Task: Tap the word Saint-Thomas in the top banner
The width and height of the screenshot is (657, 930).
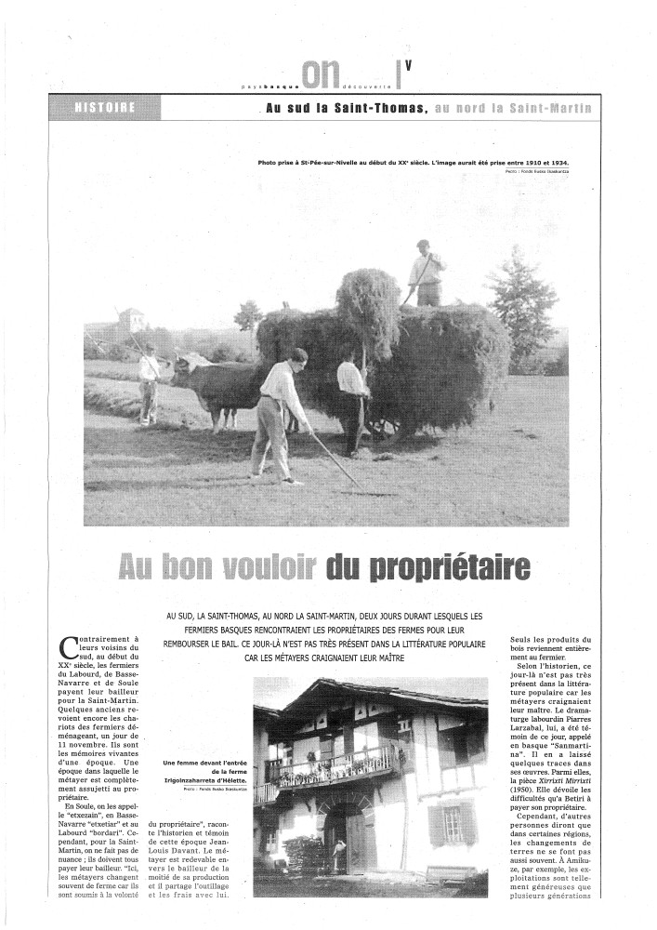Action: coord(382,107)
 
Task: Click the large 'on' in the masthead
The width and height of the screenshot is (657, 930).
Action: coord(322,73)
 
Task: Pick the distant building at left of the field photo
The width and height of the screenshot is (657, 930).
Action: coord(131,322)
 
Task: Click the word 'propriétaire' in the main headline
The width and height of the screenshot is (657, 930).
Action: coord(437,566)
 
